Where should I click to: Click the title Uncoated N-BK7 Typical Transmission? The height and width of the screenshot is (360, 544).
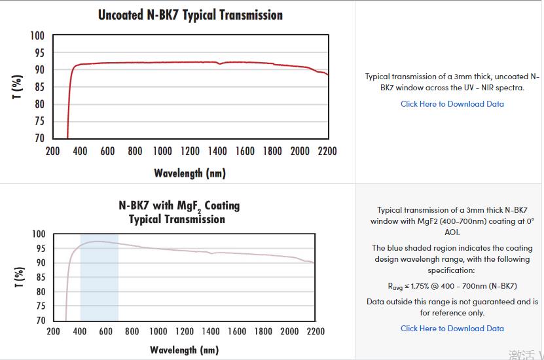click(x=190, y=14)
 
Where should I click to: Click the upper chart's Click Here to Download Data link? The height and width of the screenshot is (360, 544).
click(x=452, y=104)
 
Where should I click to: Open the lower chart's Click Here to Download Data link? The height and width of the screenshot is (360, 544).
click(x=452, y=329)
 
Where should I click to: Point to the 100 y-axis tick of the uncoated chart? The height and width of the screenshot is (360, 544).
click(x=37, y=35)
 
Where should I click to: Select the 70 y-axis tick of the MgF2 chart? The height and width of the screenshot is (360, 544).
click(x=39, y=321)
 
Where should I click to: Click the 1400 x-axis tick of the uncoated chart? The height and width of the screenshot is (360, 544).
click(x=217, y=151)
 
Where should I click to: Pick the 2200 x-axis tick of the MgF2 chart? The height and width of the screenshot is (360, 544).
click(x=316, y=331)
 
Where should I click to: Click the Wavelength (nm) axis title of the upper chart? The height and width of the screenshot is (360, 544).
click(x=190, y=173)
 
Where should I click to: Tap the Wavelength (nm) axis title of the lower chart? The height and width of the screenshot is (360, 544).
click(x=184, y=350)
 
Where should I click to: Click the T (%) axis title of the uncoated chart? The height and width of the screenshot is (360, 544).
click(x=18, y=86)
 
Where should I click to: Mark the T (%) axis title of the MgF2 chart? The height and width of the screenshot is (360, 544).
click(x=19, y=278)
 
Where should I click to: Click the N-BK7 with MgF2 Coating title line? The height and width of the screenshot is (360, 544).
click(x=179, y=206)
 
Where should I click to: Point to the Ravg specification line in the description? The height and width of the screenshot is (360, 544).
click(x=452, y=286)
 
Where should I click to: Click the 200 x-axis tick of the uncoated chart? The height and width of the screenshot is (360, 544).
click(x=52, y=151)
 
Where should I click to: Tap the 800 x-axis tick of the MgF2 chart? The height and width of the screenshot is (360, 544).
click(x=132, y=331)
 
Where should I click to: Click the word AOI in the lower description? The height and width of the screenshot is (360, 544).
click(x=452, y=232)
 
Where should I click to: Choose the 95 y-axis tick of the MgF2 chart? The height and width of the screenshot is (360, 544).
click(x=39, y=249)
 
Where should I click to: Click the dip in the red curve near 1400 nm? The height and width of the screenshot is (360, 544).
click(x=220, y=63)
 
